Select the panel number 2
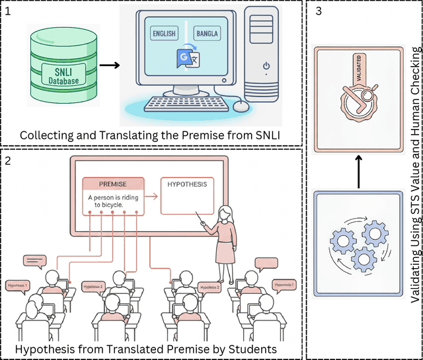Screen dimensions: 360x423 8,159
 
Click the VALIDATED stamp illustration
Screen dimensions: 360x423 357,96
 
